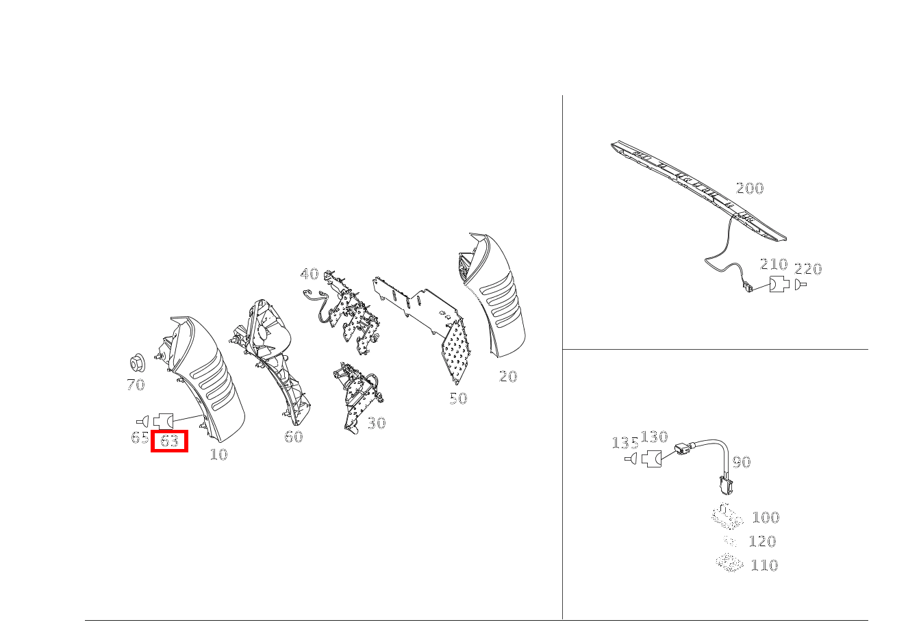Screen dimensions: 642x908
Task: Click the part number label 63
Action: (169, 441)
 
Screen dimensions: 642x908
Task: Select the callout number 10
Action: (218, 454)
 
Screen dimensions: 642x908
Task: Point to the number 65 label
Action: (140, 437)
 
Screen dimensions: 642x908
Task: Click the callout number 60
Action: (293, 437)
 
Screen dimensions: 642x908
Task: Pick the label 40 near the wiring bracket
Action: (310, 274)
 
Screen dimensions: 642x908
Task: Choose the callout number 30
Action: (376, 423)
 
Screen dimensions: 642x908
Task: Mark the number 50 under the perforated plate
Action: (458, 398)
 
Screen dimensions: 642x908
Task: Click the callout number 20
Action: (507, 376)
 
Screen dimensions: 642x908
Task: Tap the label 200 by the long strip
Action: (749, 188)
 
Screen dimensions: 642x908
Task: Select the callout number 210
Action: (774, 264)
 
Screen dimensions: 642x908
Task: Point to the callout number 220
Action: (808, 269)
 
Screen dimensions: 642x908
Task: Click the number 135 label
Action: (625, 444)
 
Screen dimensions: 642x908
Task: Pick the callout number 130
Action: (654, 437)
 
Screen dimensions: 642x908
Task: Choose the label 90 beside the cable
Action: (742, 462)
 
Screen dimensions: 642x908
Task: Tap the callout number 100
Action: (766, 517)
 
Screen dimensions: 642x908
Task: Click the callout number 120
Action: (762, 541)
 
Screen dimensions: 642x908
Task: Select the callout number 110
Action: (764, 565)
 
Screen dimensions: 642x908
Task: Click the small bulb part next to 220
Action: (800, 284)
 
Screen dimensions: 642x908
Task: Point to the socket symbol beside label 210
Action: (779, 284)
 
